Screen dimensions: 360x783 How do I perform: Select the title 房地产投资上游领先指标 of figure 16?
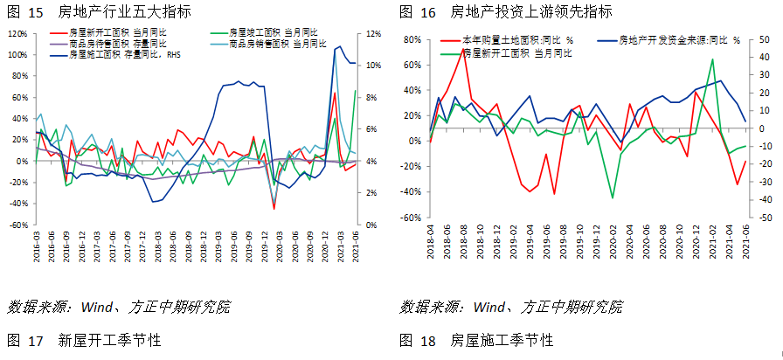tap(530, 12)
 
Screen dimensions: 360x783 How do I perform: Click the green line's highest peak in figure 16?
tap(713, 59)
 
